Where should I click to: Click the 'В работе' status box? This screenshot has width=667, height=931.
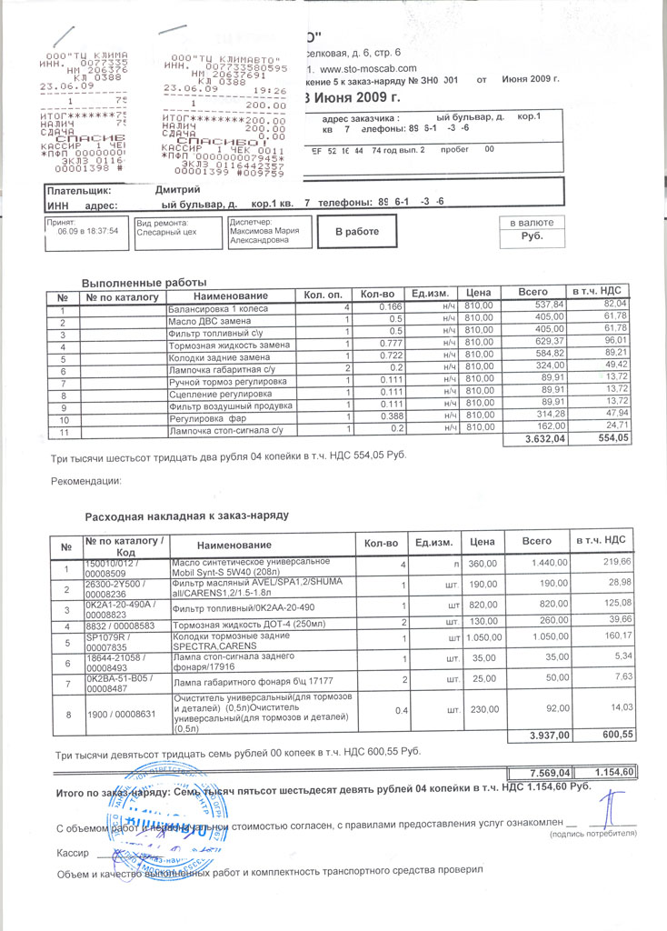point(356,232)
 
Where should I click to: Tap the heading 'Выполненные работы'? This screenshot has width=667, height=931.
point(144,283)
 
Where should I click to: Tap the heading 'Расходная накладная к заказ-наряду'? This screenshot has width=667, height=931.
point(186,516)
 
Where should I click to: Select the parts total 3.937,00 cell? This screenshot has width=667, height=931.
point(544,735)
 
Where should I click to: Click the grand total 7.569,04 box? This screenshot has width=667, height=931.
point(543,773)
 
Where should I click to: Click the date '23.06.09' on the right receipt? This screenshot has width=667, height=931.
point(184,89)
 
